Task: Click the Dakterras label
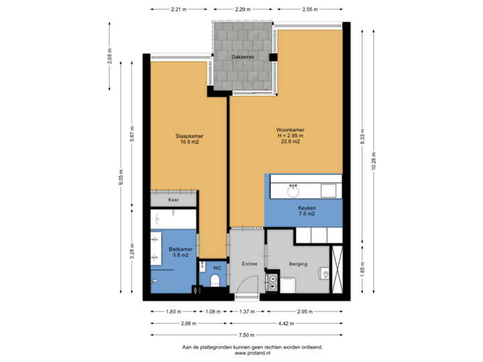coord(242,58)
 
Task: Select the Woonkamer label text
coord(289,129)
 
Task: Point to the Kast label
coord(173,200)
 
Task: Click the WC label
coord(217,268)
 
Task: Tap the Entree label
coord(249,264)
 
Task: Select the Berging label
coord(299,264)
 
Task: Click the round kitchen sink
coord(293,191)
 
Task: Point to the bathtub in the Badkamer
coord(174,219)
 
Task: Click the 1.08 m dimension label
coord(213,312)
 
